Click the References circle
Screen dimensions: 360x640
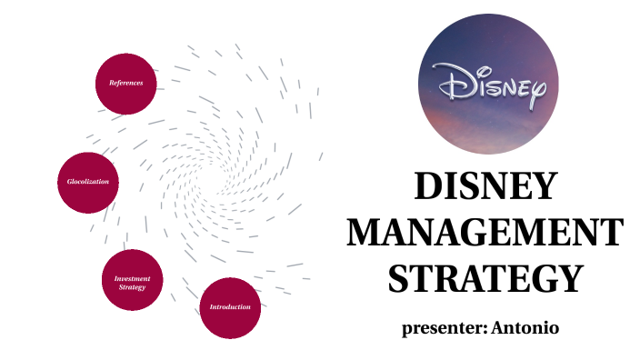coord(126,83)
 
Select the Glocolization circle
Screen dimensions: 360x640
coord(88,182)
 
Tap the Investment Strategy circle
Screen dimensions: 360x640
coord(133,282)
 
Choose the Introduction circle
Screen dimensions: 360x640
coord(230,307)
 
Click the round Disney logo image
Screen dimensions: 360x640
coord(488,84)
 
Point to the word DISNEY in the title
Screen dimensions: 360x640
coord(485,187)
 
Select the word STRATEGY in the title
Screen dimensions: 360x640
coord(485,277)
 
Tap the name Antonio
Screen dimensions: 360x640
coord(525,327)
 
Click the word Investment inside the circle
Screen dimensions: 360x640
coord(133,278)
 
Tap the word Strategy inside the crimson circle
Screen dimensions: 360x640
coord(133,287)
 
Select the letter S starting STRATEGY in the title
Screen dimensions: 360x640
coord(398,277)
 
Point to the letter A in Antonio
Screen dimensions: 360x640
coord(498,327)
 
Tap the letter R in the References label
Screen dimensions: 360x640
coord(112,83)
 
